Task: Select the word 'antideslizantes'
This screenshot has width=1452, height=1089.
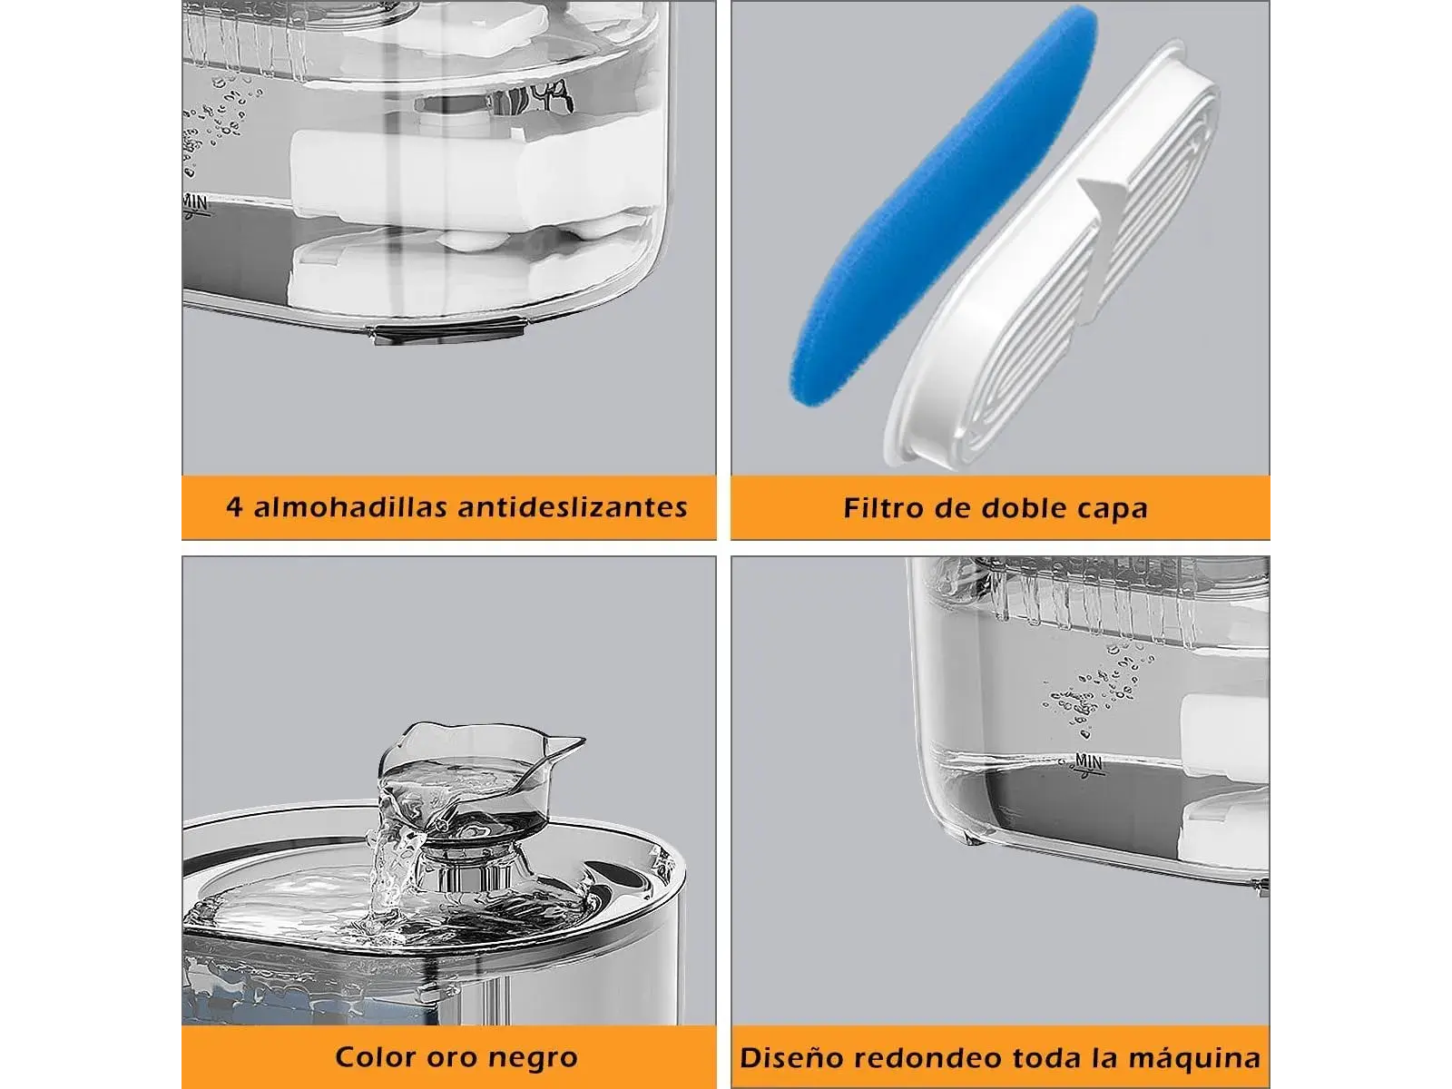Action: click(x=573, y=507)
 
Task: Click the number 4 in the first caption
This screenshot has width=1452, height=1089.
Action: click(x=233, y=507)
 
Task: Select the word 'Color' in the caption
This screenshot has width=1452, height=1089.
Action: click(x=375, y=1056)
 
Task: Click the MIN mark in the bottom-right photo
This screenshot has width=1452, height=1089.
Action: click(x=1088, y=764)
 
